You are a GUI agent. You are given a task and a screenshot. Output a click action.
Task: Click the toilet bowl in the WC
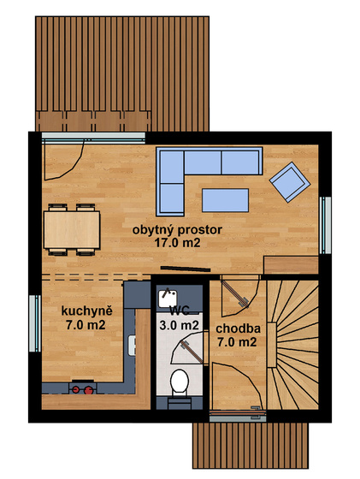(180, 381)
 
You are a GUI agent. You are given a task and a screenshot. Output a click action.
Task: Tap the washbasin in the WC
(168, 298)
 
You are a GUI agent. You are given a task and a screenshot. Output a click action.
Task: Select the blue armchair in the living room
(290, 182)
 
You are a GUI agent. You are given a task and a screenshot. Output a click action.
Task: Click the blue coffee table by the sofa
(225, 200)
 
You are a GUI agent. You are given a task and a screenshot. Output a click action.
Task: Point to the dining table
(72, 230)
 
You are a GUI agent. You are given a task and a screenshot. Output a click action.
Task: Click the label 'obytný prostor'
(177, 229)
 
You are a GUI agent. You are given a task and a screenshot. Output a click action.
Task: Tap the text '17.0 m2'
(177, 243)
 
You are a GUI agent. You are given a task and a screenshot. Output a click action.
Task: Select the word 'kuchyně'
(87, 311)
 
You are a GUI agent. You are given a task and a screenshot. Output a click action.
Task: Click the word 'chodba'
(239, 328)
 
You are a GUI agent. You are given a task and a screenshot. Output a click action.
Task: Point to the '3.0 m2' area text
(180, 325)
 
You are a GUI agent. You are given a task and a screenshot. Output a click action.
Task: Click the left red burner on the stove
(76, 389)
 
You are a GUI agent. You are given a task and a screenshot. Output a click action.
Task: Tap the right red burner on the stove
(89, 390)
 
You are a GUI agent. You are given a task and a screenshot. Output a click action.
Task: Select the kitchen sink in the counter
(132, 346)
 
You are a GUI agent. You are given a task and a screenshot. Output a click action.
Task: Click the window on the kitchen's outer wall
(35, 323)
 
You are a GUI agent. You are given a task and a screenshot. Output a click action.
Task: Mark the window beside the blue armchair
(325, 225)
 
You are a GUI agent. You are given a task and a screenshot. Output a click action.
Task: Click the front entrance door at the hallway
(238, 413)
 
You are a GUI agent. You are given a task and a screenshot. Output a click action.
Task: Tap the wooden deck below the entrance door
(251, 446)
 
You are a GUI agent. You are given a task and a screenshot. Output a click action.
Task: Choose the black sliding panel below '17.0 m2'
(186, 269)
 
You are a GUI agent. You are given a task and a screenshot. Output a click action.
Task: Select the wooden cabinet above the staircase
(291, 265)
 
